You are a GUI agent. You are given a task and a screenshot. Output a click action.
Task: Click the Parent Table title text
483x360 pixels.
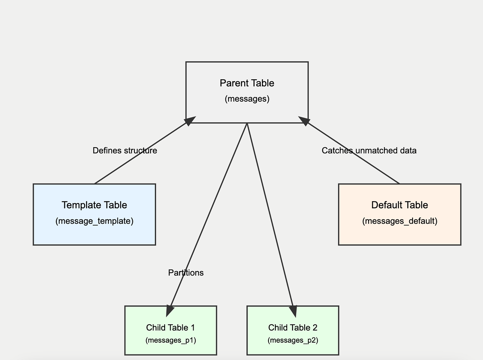coord(247,83)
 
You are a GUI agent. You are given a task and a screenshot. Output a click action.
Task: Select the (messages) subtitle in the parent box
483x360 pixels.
coord(247,99)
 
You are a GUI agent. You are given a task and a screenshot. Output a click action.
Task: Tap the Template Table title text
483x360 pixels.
coord(94,205)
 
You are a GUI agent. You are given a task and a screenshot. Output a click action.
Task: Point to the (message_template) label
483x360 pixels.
coord(94,221)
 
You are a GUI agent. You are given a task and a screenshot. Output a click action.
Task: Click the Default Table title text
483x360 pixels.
coord(399,205)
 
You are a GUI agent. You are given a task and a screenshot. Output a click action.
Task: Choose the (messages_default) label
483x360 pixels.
coord(399,221)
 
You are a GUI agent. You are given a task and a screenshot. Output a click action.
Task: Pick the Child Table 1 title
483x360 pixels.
coord(170,327)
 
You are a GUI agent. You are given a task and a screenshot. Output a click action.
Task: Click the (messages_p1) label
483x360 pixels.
coord(170,340)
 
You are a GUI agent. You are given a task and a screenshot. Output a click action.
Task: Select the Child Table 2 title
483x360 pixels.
coord(293,327)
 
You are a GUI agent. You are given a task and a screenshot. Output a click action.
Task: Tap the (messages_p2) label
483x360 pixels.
coord(293,340)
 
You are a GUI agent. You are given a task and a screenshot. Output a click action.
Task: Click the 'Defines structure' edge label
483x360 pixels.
coord(125,150)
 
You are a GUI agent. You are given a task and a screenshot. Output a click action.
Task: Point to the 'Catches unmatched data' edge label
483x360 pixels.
coord(369,150)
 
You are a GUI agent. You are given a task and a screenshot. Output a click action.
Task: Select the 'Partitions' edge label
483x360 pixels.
coord(186,273)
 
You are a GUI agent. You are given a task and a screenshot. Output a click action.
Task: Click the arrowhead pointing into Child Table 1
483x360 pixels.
coord(170,311)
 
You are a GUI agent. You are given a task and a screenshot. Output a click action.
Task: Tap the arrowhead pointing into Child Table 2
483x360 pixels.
coord(293,311)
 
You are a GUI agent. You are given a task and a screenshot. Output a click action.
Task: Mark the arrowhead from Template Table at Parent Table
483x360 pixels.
coord(190,120)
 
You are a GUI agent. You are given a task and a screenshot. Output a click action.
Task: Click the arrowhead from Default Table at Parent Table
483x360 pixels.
coord(304,120)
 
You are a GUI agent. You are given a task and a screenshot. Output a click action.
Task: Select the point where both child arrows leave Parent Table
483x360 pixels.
coord(247,123)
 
